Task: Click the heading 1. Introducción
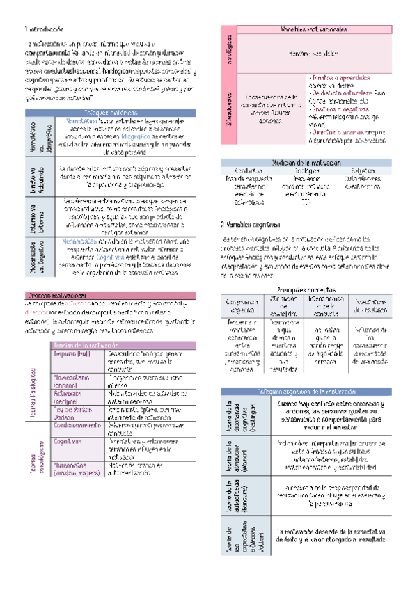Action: pyautogui.click(x=44, y=29)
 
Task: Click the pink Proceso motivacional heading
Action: pyautogui.click(x=56, y=276)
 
